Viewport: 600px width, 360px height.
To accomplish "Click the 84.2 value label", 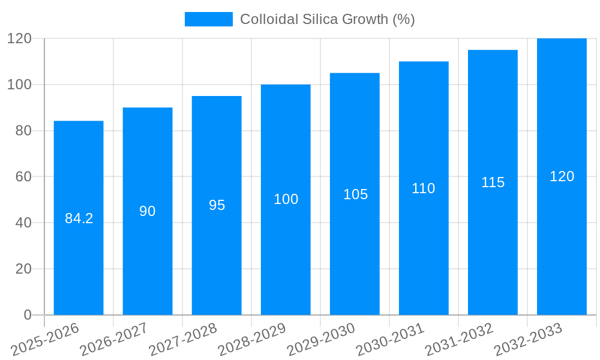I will [x=79, y=218].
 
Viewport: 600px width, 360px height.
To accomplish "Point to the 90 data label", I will [x=148, y=211].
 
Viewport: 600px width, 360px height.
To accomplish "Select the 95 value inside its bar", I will [x=217, y=205].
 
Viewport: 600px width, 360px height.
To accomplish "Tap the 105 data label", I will [x=355, y=194].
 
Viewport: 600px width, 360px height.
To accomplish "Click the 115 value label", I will [x=493, y=182].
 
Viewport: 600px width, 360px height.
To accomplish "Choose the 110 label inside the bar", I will [x=424, y=188].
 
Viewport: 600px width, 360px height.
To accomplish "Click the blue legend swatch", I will [x=208, y=19].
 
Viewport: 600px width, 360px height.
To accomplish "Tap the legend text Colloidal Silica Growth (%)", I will [x=327, y=19].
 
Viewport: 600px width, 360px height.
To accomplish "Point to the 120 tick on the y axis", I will [x=19, y=38].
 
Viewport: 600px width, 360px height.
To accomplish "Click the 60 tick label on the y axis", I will [x=23, y=176].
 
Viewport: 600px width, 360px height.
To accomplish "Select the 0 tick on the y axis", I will [x=28, y=315].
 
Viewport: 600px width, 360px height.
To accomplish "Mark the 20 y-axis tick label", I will [x=23, y=269].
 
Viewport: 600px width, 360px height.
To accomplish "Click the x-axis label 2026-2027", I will [x=114, y=340].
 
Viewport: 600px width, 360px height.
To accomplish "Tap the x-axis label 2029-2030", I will [x=321, y=340].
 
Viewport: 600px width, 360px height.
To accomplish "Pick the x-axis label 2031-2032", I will [x=459, y=340].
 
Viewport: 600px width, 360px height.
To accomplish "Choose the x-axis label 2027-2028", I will [x=183, y=340].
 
